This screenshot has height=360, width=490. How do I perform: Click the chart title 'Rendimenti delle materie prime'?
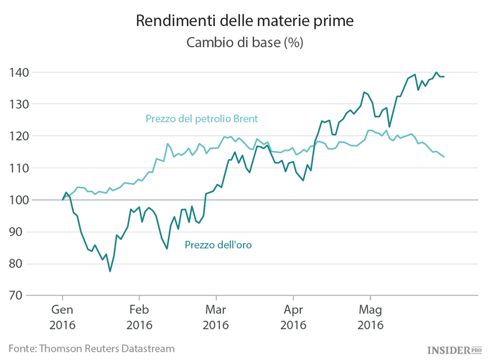pyautogui.click(x=244, y=21)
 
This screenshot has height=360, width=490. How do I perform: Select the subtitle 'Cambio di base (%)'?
pyautogui.click(x=244, y=42)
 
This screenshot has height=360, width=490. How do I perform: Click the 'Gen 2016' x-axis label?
pyautogui.click(x=63, y=317)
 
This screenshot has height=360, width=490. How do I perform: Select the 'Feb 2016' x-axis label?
pyautogui.click(x=139, y=317)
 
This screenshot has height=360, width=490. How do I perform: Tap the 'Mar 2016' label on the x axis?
pyautogui.click(x=216, y=317)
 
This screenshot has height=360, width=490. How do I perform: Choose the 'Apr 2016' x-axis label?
pyautogui.click(x=292, y=317)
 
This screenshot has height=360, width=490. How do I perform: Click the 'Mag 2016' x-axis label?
pyautogui.click(x=368, y=317)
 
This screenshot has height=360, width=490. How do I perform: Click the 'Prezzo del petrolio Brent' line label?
pyautogui.click(x=201, y=119)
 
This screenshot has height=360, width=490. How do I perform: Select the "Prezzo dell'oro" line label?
pyautogui.click(x=218, y=245)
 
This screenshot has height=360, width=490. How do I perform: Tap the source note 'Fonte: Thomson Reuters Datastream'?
pyautogui.click(x=91, y=348)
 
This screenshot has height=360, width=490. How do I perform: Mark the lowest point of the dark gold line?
pyautogui.click(x=110, y=271)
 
